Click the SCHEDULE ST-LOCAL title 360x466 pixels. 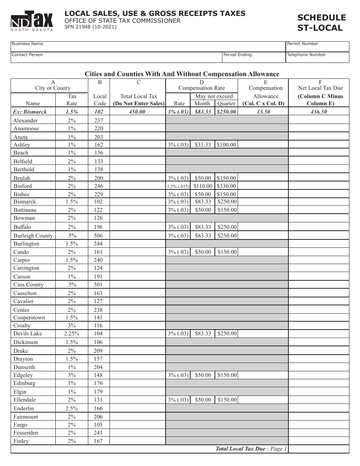tap(321, 23)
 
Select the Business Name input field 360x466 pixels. tap(148, 47)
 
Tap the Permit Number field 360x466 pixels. tap(317, 47)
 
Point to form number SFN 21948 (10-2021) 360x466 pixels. tap(90, 27)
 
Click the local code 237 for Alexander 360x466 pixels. tap(99, 120)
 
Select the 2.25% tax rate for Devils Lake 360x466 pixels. tap(72, 334)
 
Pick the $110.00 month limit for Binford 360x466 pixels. tap(203, 186)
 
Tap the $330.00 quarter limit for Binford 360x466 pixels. tap(227, 186)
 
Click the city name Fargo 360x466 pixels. tap(21, 425)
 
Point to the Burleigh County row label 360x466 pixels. tap(33, 236)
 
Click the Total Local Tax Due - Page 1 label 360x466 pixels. tap(251, 449)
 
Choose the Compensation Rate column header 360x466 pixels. tap(202, 88)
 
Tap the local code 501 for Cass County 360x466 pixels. tap(99, 285)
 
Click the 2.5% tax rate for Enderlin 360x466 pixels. tap(72, 408)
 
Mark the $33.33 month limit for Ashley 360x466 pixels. tap(203, 145)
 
